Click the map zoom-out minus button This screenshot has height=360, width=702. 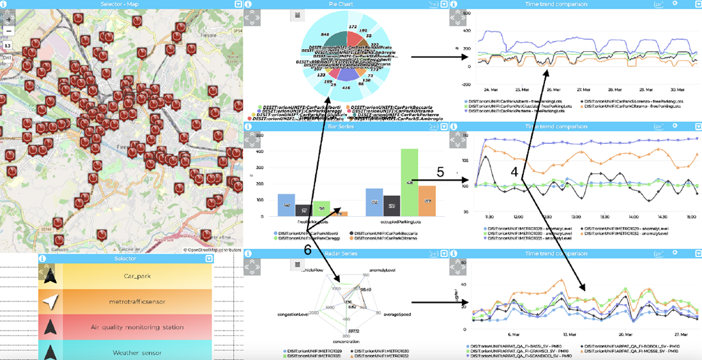pos(8,31)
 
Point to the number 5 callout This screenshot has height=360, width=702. pos(440,172)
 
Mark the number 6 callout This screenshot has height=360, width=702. pos(308,250)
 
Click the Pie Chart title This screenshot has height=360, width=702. pos(340,4)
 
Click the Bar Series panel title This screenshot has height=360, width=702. pos(341,127)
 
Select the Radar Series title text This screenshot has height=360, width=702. pos(341,254)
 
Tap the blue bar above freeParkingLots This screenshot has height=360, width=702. pos(286,205)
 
